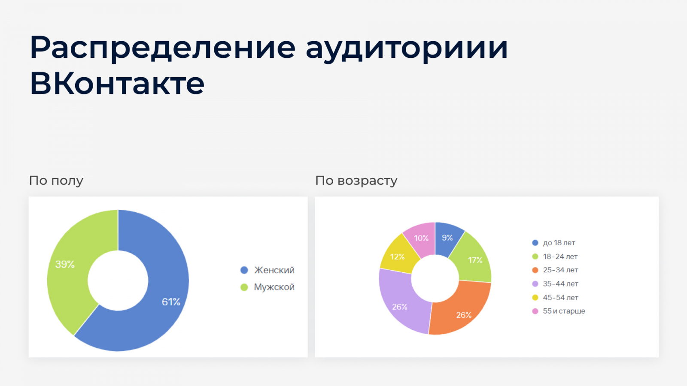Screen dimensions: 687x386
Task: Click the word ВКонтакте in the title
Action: tap(117, 83)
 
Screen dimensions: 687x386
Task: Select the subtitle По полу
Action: tap(56, 181)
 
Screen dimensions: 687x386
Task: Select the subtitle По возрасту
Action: tap(356, 181)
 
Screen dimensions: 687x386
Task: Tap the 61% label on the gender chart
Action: tap(171, 302)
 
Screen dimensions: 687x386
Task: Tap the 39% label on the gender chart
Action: tap(65, 264)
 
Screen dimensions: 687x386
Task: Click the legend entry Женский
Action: tap(268, 270)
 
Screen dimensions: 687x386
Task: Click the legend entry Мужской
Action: tap(268, 287)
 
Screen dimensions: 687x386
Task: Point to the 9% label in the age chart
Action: tap(447, 238)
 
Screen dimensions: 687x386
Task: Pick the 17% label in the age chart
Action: tap(475, 260)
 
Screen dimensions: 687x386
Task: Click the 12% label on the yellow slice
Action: tap(397, 256)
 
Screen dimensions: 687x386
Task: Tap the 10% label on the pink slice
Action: tap(421, 238)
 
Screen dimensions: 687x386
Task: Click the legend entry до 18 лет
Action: tap(553, 243)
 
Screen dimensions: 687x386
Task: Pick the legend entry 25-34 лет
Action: tap(555, 270)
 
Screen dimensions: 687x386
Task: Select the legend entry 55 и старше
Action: tap(559, 311)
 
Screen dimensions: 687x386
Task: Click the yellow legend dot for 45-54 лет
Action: tap(535, 298)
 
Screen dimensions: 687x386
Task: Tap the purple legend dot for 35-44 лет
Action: tap(535, 283)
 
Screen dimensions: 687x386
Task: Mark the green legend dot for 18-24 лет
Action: tap(535, 256)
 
